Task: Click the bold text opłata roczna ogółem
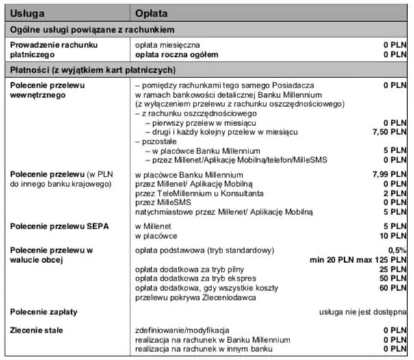[177, 54]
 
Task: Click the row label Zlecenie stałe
[38, 331]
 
